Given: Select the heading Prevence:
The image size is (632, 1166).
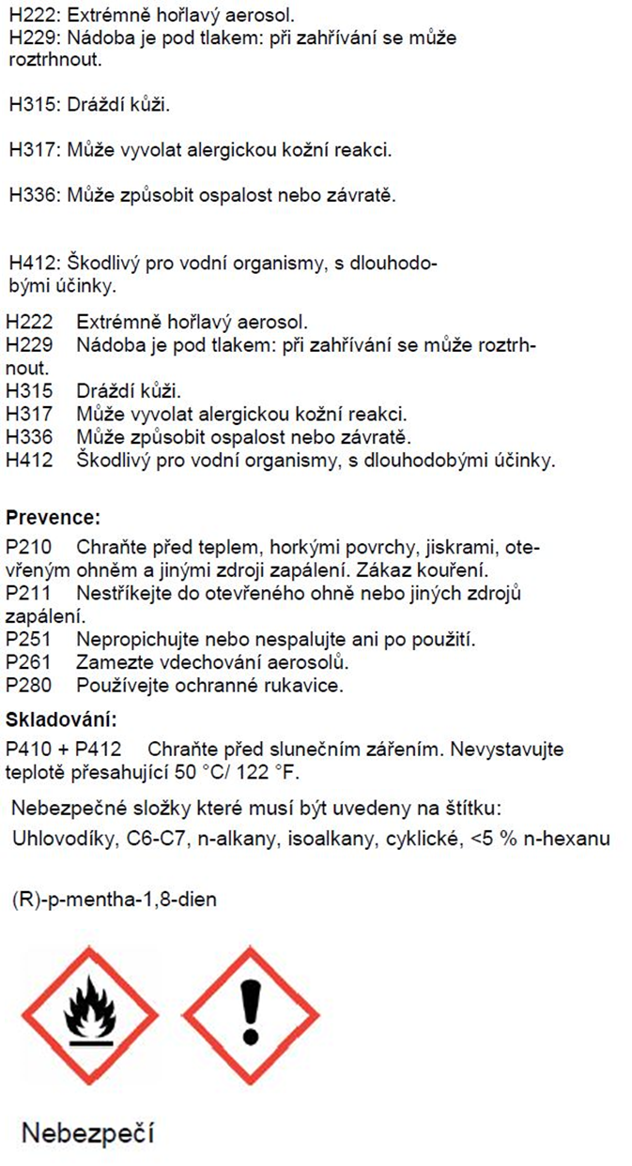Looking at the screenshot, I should (53, 518).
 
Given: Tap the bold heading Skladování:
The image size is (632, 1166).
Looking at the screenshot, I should (62, 720).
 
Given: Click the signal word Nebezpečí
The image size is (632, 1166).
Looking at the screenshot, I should (87, 1132).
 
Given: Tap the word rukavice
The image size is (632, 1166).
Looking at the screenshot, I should (310, 686).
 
